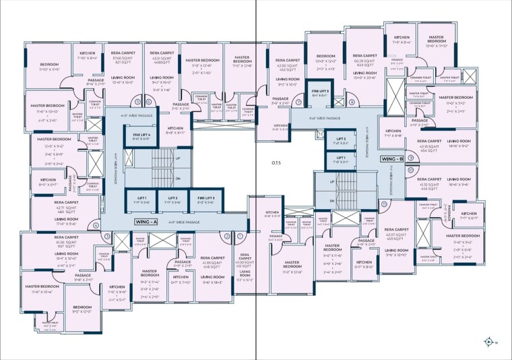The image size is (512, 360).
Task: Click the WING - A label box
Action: (x=146, y=222)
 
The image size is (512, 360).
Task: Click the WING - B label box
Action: (x=392, y=159)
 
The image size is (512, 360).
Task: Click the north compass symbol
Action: (x=488, y=342)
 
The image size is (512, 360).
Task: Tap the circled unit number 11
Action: (x=383, y=203)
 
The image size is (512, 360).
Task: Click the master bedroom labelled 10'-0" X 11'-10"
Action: (x=437, y=42)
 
